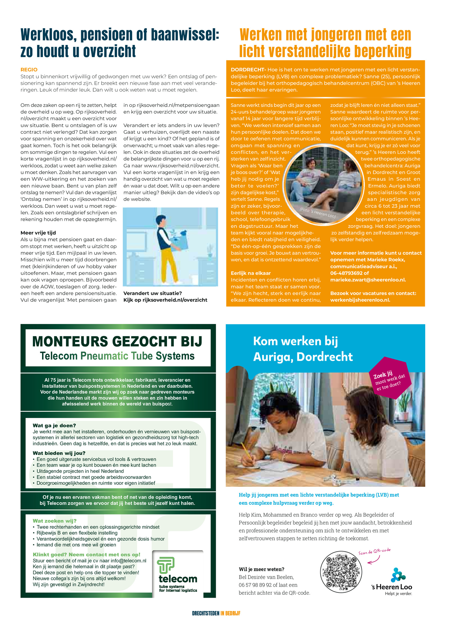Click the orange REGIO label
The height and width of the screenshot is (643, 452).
point(29,70)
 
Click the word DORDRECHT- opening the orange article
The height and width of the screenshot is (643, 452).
point(248,70)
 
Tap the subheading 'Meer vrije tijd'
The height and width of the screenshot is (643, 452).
point(38,233)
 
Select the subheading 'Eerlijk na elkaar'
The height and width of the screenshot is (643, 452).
point(251,273)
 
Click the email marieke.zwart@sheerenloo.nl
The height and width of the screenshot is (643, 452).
point(368,280)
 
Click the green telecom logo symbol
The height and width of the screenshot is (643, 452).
point(166,565)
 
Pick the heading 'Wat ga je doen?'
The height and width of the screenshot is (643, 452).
point(54,426)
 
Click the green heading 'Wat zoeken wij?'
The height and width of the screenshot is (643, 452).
point(55,521)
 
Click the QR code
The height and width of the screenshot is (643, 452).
point(341,572)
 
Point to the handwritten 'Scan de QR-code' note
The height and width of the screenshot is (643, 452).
point(374,551)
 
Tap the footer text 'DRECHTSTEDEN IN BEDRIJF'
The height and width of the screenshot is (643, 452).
point(216,613)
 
